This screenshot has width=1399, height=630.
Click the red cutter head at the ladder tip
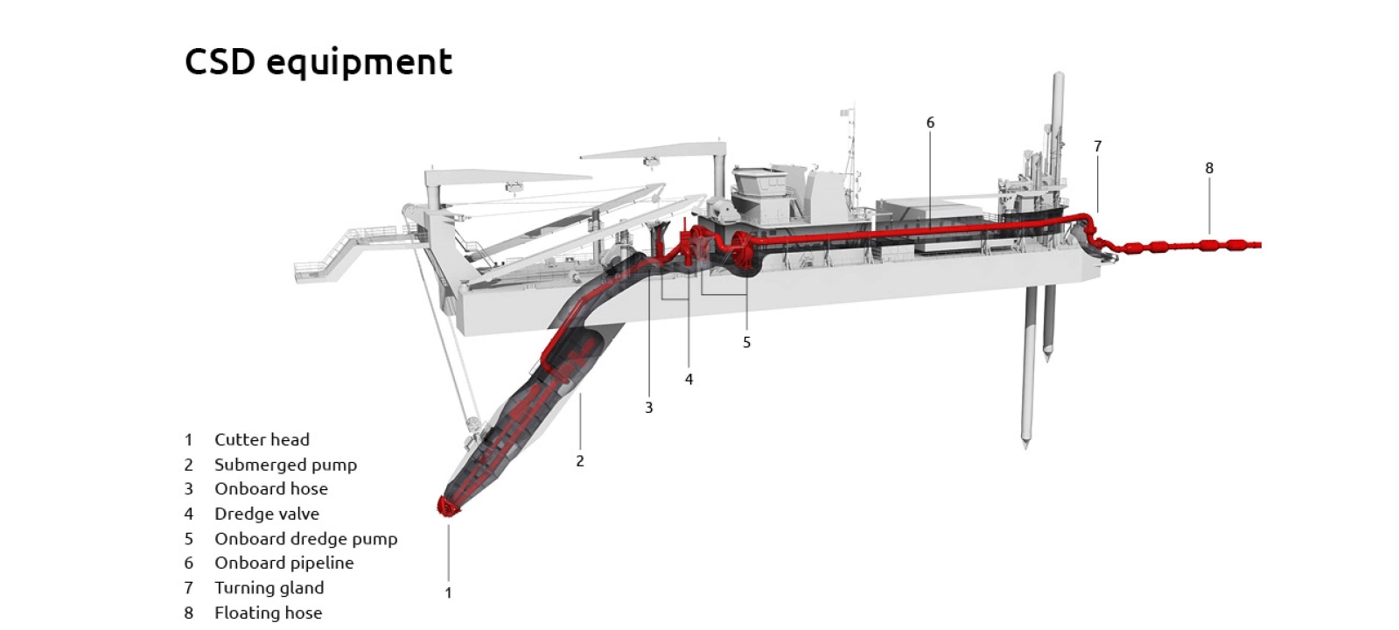coord(448,507)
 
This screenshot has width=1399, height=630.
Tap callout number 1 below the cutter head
coord(448,592)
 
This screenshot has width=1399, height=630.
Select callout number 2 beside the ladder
coord(579,461)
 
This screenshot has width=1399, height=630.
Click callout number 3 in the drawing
coord(649,408)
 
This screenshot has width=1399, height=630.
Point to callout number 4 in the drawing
coord(689,379)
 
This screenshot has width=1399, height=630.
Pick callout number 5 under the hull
coord(746,342)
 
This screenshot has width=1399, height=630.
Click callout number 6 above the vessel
coord(930,122)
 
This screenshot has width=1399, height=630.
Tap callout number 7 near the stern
coord(1097,146)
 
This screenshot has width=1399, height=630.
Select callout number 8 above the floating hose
coord(1209,168)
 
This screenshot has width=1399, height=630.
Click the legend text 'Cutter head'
coord(262,439)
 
